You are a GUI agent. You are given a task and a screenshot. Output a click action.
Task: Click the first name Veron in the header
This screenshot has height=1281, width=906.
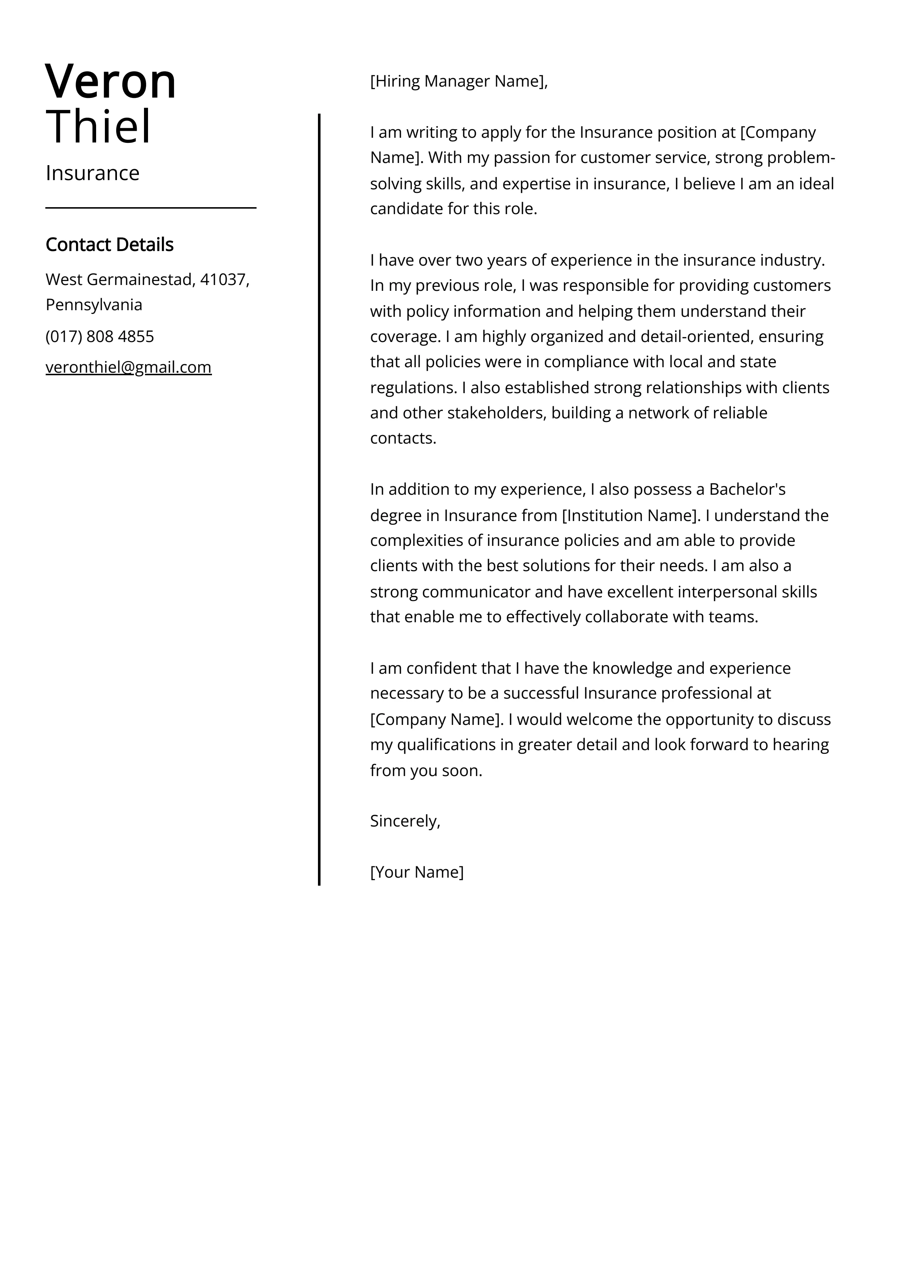point(110,82)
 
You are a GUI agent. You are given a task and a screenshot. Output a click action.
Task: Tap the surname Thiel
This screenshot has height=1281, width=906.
point(99,127)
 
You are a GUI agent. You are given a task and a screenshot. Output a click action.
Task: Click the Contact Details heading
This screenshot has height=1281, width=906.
point(109,244)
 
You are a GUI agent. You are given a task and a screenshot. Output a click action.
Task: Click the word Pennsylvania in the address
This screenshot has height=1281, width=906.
point(94,305)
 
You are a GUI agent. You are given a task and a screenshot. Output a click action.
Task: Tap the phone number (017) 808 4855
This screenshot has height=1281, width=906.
point(100,337)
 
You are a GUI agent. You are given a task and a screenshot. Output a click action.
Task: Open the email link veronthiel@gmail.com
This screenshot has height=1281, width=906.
point(128,367)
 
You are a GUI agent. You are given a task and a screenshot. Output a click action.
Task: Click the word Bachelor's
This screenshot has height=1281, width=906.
point(747,489)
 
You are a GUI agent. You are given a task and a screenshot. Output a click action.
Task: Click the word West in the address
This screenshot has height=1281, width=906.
point(64,280)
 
